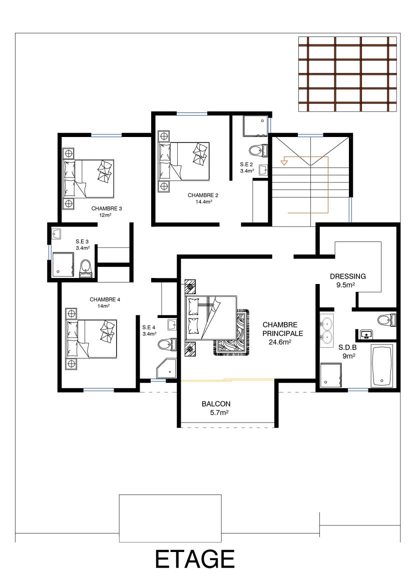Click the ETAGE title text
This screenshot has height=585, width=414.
195,559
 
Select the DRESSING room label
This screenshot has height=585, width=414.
347,276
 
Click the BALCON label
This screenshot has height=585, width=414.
216,403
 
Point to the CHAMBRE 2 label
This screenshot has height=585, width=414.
203,195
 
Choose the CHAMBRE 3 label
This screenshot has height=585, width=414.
107,208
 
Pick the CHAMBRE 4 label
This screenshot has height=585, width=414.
105,299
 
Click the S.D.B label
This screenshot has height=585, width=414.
347,347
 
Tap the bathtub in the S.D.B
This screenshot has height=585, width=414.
381,365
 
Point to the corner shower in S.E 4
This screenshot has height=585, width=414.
166,369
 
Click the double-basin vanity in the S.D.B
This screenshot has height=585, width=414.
326,330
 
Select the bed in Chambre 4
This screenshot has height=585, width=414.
91,338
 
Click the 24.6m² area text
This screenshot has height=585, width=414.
280,341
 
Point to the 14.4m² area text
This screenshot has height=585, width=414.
204,202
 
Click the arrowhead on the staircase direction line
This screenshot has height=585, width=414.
284,162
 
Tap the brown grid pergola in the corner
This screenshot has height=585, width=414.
347,74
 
